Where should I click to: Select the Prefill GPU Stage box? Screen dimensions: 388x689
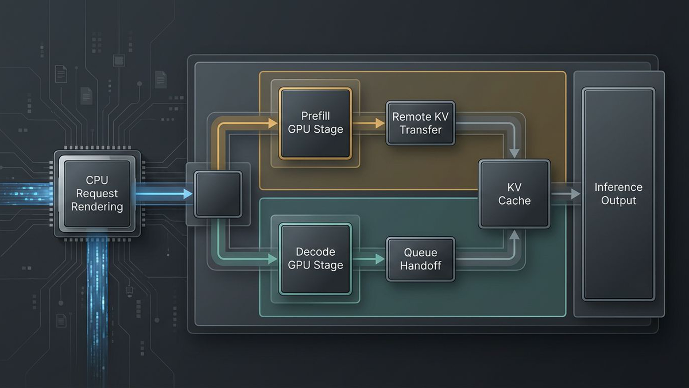315,123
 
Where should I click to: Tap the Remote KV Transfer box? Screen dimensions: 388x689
420,123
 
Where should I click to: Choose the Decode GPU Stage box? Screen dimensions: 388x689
315,259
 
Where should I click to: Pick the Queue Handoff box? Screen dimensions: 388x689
420,259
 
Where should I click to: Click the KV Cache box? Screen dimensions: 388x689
514,194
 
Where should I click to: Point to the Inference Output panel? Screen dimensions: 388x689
618,194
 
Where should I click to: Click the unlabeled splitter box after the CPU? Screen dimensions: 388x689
218,194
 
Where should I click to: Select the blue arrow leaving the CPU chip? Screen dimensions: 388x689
164,194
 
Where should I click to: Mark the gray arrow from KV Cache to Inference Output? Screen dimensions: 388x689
566,194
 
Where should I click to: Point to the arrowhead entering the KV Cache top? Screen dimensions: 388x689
514,153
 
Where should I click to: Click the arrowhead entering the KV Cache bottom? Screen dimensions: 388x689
514,235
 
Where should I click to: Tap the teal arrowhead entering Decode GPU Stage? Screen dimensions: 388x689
273,259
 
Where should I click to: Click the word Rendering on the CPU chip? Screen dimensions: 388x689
97,206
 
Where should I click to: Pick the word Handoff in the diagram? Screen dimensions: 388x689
420,266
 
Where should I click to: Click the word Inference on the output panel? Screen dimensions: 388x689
618,187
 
